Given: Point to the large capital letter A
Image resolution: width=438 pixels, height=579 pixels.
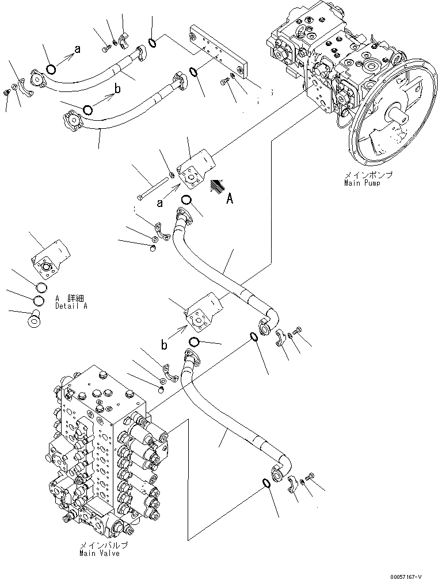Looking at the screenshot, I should pos(230,199).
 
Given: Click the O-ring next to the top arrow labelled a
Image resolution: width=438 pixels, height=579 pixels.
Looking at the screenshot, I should pos(51,69).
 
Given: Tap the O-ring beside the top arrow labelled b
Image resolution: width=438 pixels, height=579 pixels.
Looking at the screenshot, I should pos(87,109).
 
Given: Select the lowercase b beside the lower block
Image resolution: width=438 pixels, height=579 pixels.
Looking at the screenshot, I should pos(164,345).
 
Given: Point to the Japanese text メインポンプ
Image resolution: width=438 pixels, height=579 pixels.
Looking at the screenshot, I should pos(361,175).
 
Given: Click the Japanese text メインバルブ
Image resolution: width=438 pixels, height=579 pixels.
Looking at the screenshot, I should pos(105,545).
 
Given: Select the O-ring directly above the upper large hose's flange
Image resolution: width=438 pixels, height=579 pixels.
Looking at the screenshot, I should pos(185,200).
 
